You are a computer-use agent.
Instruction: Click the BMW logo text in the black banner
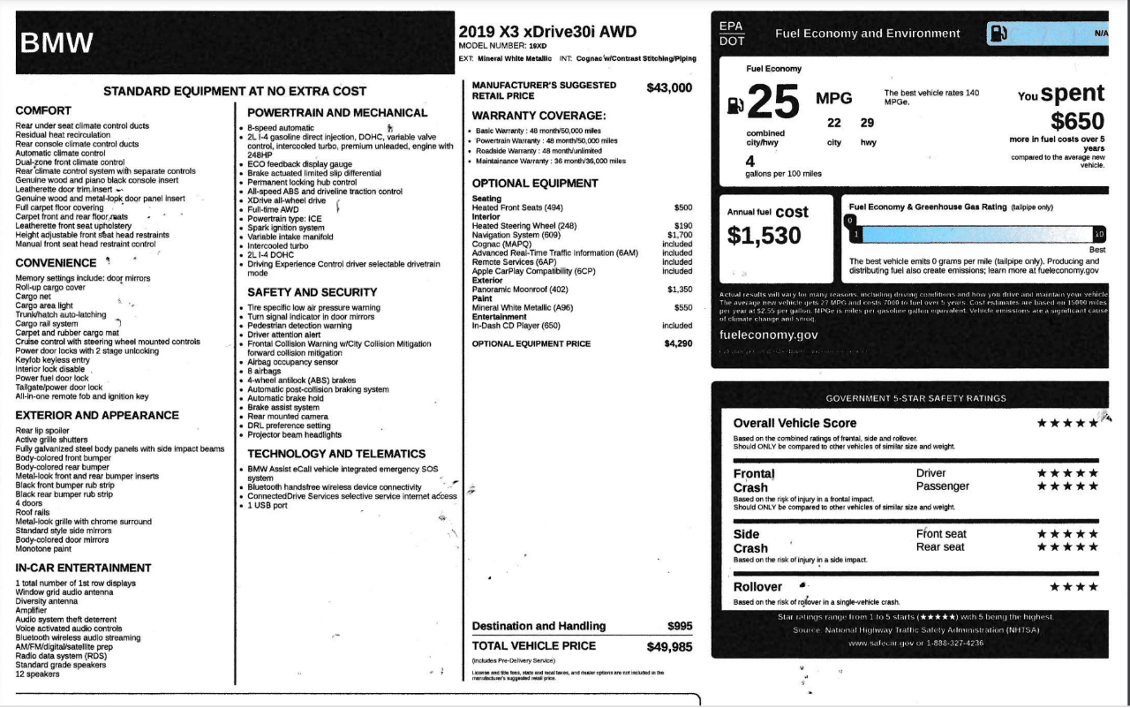[56, 42]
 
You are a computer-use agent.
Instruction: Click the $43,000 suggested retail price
[669, 88]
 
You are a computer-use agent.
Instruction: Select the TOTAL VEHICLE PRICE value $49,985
[669, 647]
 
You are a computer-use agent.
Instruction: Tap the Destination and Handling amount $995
[680, 626]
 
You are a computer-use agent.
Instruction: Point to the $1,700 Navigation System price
[680, 235]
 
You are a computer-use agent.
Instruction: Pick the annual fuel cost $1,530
[765, 236]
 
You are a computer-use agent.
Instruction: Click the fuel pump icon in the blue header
[998, 34]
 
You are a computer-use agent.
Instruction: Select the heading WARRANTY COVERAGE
[539, 116]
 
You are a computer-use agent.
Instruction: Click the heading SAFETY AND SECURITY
[312, 292]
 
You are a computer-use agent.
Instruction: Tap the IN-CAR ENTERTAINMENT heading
[83, 568]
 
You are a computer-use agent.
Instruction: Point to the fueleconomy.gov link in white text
[769, 335]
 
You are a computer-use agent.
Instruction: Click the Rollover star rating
[1073, 586]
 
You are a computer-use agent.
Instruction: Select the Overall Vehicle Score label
[795, 423]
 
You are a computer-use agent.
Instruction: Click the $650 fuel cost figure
[1077, 121]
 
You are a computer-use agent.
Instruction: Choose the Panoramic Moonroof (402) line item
[520, 290]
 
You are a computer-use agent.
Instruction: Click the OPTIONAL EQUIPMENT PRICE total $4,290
[678, 343]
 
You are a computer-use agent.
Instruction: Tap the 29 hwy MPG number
[867, 123]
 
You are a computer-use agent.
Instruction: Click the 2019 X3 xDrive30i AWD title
[547, 31]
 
